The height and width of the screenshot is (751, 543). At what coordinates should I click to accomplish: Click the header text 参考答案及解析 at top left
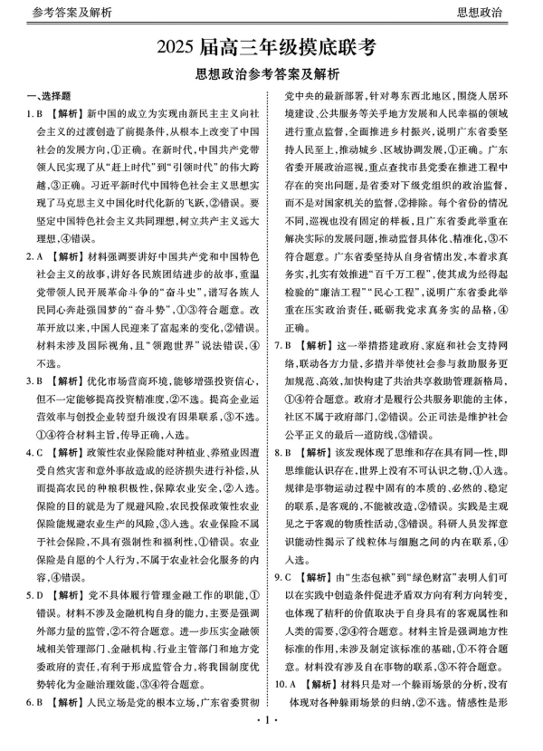click(x=60, y=12)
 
